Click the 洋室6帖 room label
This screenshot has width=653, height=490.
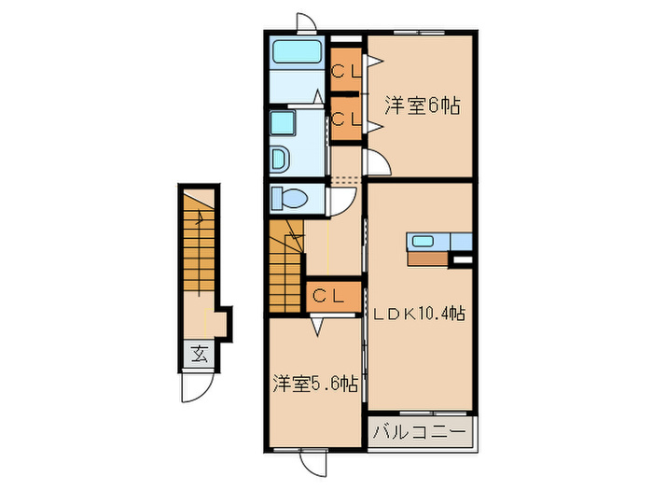424,105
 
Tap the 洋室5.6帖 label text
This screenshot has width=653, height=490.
315,383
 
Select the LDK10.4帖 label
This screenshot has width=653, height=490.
420,315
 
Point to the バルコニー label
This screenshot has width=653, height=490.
421,432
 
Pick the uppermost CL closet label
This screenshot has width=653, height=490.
347,70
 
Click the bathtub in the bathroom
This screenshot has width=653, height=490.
296,51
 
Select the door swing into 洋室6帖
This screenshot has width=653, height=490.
377,161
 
